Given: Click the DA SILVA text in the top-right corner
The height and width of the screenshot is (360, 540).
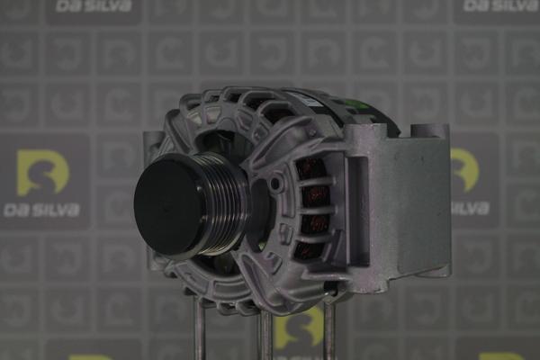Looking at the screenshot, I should click(x=500, y=5).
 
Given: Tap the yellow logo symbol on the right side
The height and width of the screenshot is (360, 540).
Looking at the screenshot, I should click(x=464, y=169).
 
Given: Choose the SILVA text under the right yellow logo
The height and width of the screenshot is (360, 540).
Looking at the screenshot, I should click(x=470, y=209).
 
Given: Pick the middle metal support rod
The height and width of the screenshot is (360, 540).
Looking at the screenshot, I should click(x=265, y=335).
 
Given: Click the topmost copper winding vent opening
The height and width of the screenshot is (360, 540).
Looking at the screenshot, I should click(x=310, y=168).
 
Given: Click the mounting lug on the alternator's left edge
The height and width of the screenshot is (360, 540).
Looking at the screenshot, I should click(x=153, y=144).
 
